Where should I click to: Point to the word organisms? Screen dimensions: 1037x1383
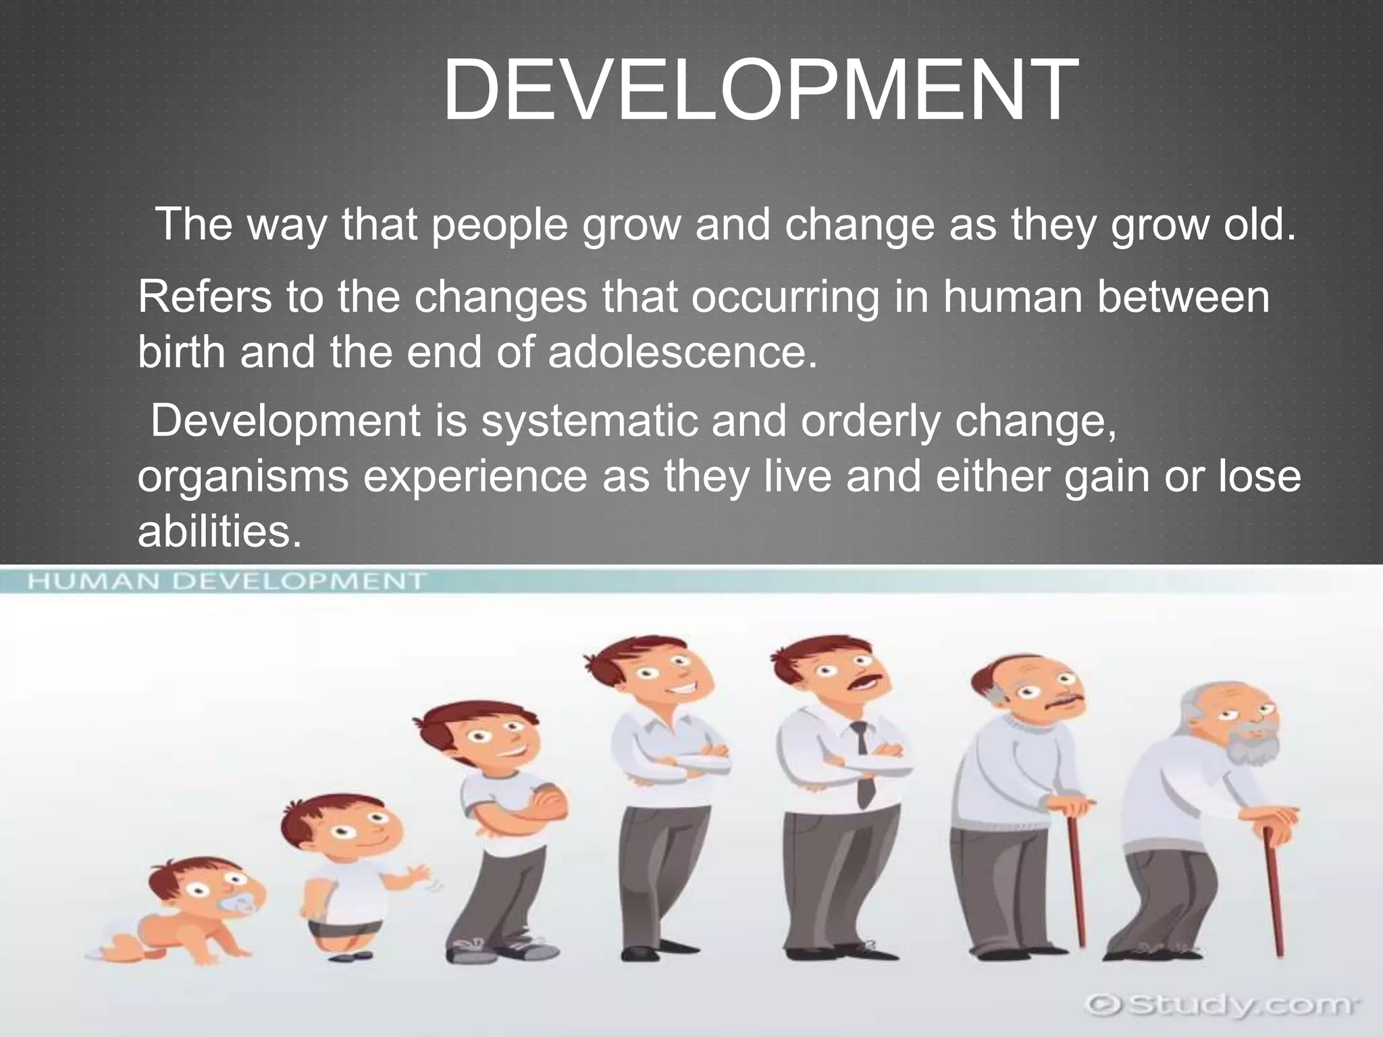pyautogui.click(x=243, y=477)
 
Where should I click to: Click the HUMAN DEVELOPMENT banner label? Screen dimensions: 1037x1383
pyautogui.click(x=227, y=581)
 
